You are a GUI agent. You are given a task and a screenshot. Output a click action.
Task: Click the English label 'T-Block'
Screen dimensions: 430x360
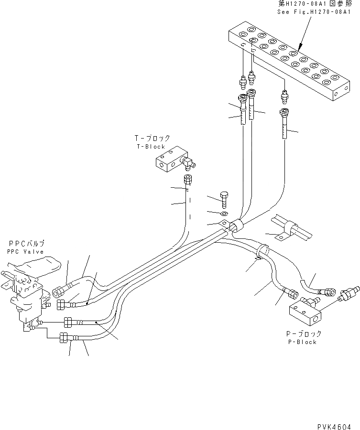[150, 147]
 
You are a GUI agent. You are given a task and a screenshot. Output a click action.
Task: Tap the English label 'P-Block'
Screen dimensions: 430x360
[302, 342]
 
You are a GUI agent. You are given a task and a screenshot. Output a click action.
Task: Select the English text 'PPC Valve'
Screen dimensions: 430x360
[25, 252]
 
